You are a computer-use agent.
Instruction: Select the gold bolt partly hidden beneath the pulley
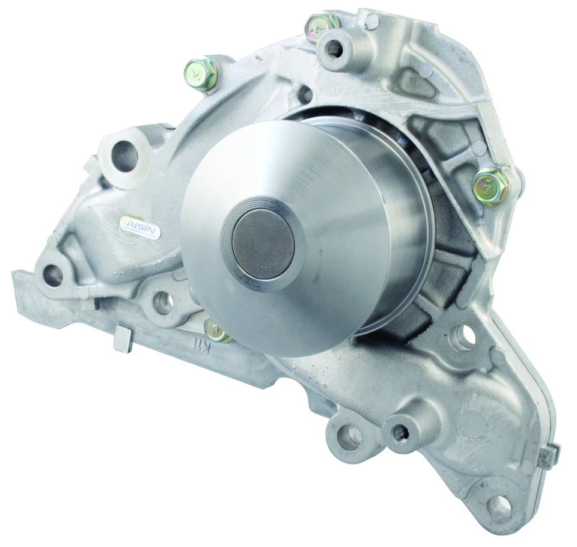click(218, 329)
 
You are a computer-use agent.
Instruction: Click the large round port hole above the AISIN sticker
click(126, 155)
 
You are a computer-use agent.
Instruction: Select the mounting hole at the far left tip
click(53, 275)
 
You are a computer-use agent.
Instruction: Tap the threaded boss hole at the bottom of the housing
click(398, 431)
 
